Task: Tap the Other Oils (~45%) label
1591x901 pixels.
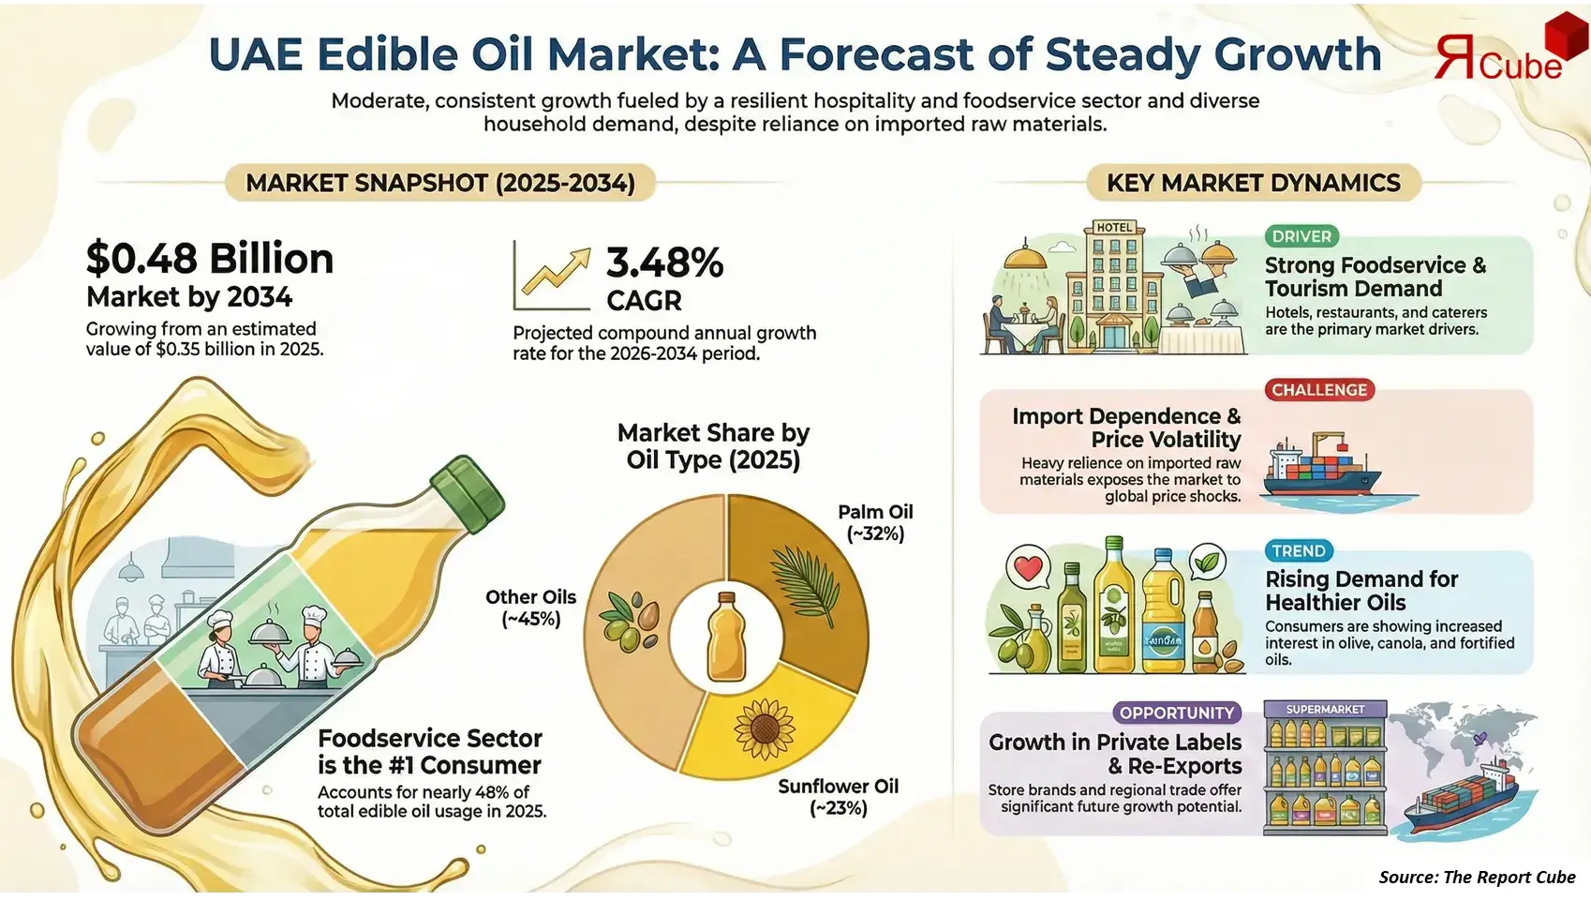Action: pyautogui.click(x=530, y=608)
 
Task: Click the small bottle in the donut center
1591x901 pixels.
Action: pyautogui.click(x=726, y=638)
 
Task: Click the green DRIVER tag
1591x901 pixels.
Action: pyautogui.click(x=1301, y=236)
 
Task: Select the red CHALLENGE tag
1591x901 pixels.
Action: pyautogui.click(x=1319, y=390)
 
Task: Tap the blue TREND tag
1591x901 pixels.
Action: pyautogui.click(x=1298, y=551)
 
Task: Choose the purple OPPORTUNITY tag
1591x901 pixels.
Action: pyautogui.click(x=1177, y=713)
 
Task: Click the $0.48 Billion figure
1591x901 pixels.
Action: pyautogui.click(x=210, y=259)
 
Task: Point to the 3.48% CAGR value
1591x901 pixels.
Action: pyautogui.click(x=664, y=263)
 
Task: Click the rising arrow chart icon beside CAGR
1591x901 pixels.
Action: pyautogui.click(x=553, y=276)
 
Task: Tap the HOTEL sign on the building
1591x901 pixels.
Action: pyautogui.click(x=1114, y=227)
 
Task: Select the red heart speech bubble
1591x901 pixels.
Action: pyautogui.click(x=1028, y=567)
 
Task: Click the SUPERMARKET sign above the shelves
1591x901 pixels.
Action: pyautogui.click(x=1325, y=710)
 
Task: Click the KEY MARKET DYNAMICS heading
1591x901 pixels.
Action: pyautogui.click(x=1253, y=183)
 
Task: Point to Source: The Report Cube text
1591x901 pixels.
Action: pyautogui.click(x=1477, y=877)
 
